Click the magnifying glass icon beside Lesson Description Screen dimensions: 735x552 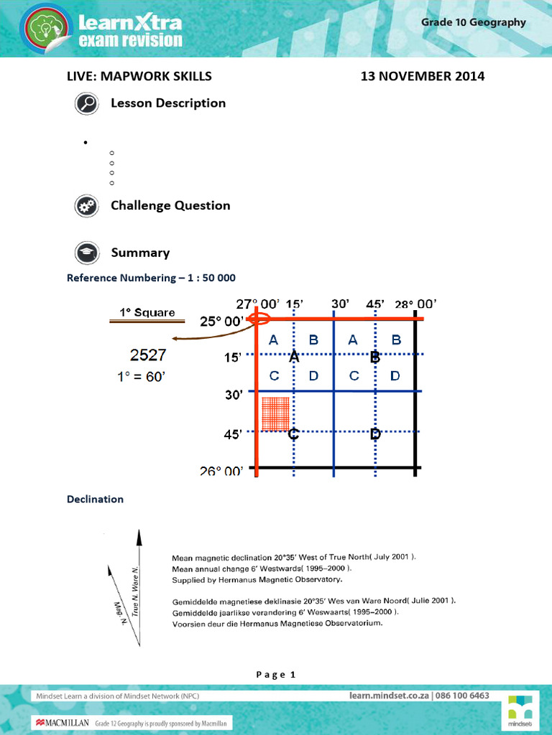(87, 104)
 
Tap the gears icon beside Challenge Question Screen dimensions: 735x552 (87, 206)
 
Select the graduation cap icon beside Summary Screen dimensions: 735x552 (87, 253)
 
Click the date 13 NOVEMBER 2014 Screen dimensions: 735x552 (422, 76)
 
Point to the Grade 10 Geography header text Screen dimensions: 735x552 (473, 22)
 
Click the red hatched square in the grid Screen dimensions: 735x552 (275, 414)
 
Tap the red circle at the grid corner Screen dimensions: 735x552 (257, 319)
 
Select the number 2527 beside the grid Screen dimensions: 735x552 (149, 354)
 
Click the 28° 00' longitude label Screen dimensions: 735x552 (415, 304)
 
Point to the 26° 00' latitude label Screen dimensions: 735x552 (221, 471)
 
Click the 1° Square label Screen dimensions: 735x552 (147, 312)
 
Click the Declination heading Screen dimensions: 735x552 (95, 499)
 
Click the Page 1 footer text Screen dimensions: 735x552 (275, 674)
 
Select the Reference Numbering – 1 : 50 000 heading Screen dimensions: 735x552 (151, 277)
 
